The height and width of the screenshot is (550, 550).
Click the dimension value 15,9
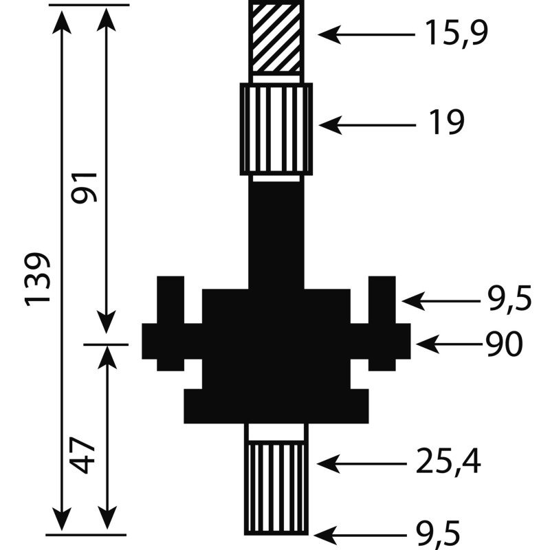click(x=456, y=33)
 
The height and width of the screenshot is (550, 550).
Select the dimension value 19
click(x=446, y=122)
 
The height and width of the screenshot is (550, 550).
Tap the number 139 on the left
click(x=37, y=279)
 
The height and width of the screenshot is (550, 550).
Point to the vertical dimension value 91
click(x=83, y=187)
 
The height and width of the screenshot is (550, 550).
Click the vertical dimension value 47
click(x=82, y=454)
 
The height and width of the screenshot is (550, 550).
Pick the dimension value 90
click(x=504, y=344)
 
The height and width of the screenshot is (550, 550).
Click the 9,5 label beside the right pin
click(x=509, y=299)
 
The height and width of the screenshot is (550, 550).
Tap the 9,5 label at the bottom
click(x=437, y=536)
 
